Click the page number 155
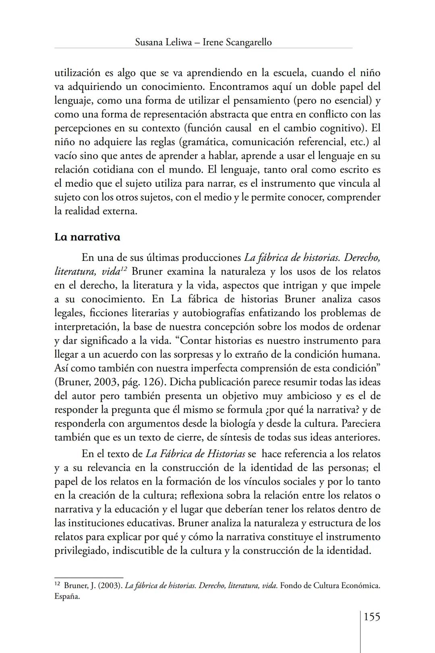point(372,617)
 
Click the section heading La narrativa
point(87,237)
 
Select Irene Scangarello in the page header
point(237,42)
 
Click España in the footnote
point(67,597)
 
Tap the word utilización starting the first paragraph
point(77,73)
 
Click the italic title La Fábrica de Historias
point(195,454)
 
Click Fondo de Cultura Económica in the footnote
point(330,586)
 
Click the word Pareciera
point(358,424)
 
